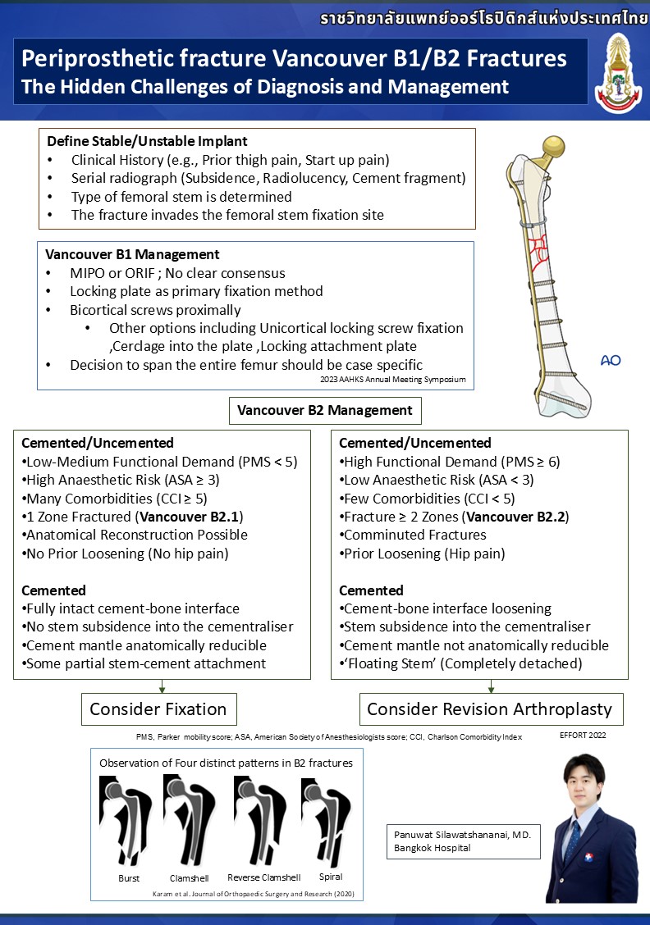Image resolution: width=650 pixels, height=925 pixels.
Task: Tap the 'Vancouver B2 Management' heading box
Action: tap(324, 410)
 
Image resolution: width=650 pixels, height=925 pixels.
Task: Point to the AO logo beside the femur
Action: tap(610, 360)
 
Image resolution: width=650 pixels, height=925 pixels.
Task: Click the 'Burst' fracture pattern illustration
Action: tap(123, 819)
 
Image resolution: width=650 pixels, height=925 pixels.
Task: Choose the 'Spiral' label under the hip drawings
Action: tap(331, 877)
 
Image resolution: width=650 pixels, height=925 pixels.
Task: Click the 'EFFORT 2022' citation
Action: tap(584, 736)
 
